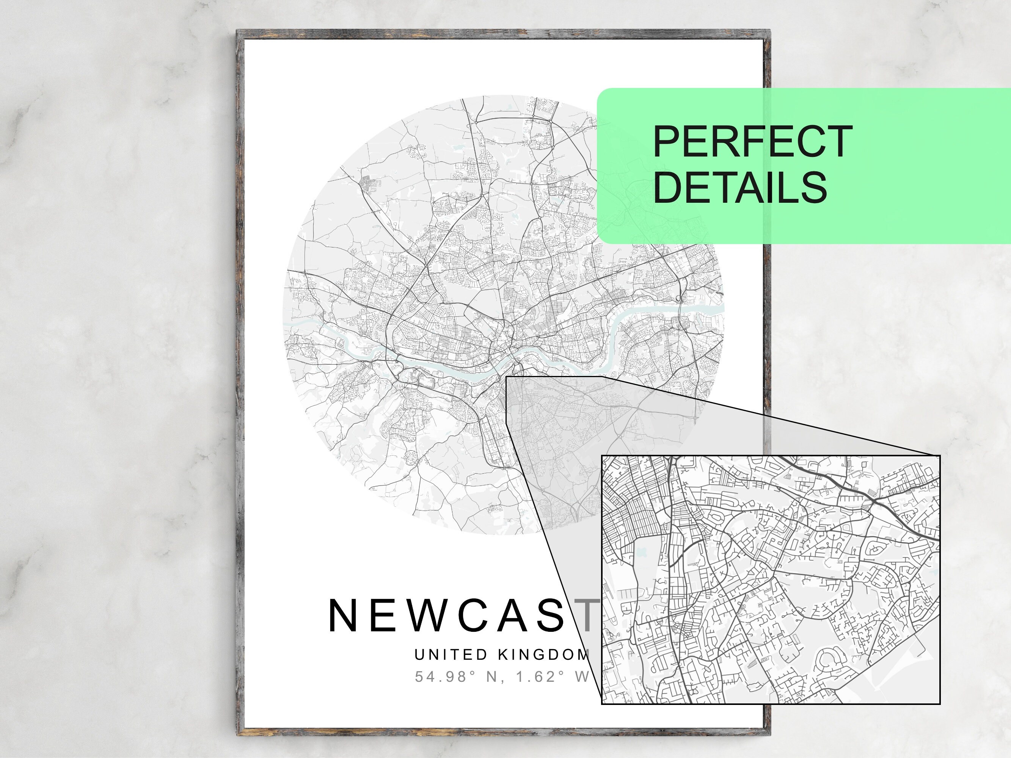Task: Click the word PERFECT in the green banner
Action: click(x=752, y=142)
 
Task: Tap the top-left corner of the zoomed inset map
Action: click(x=601, y=456)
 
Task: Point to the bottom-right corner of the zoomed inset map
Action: click(x=940, y=704)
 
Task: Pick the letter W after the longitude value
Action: click(x=582, y=677)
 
